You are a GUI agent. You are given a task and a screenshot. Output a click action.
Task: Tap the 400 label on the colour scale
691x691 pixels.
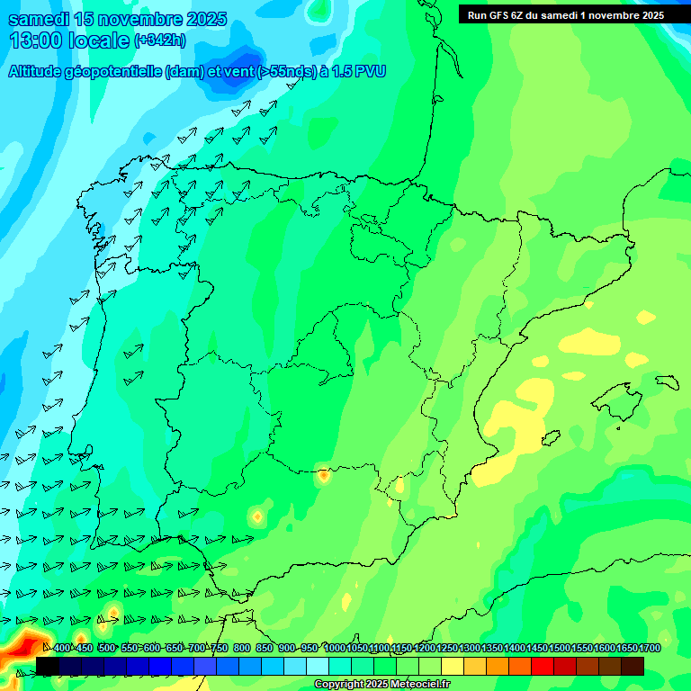point(62,648)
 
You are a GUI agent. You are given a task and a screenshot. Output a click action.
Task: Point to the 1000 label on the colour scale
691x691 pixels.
point(335,648)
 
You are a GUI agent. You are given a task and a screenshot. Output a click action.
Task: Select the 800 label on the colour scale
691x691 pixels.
point(242,648)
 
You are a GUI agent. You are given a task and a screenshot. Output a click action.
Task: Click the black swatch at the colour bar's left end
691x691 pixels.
point(48,666)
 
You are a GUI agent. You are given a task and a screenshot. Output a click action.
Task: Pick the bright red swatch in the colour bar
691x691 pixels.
point(543,666)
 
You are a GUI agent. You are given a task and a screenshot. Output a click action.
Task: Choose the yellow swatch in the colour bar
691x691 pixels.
point(453,666)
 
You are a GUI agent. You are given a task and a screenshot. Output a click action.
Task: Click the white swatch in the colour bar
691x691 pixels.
point(318,666)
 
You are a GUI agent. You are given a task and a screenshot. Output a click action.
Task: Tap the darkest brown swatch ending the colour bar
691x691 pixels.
point(633,666)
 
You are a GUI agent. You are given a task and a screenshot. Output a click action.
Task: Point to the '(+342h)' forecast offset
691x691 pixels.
point(159,40)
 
